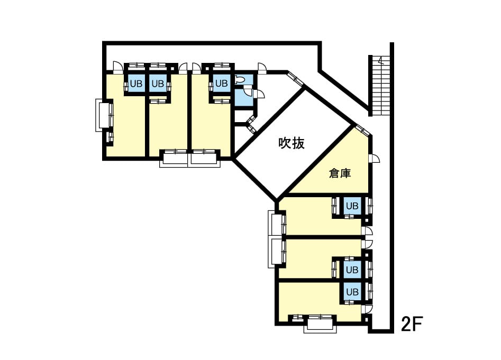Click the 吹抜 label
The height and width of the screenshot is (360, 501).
click(292, 143)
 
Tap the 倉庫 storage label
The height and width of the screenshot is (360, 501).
click(340, 173)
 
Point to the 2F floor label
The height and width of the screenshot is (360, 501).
click(412, 324)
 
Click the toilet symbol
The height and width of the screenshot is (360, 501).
click(239, 79)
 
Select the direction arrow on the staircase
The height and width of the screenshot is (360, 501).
click(380, 60)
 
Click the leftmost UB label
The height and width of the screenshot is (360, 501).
click(136, 84)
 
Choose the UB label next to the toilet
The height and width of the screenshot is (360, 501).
click(222, 84)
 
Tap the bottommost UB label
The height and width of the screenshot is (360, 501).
click(352, 292)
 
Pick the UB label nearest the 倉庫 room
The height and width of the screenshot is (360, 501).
click(352, 206)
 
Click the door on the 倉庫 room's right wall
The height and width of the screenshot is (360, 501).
click(375, 159)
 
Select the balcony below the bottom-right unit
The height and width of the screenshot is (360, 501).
click(320, 329)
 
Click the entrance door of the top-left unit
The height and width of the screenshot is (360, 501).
click(117, 67)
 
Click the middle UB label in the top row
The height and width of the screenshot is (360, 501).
click(158, 84)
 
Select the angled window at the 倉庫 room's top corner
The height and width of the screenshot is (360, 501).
click(362, 130)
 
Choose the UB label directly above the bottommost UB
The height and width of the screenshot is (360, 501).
click(352, 270)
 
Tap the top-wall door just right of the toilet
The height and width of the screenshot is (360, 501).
click(262, 68)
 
